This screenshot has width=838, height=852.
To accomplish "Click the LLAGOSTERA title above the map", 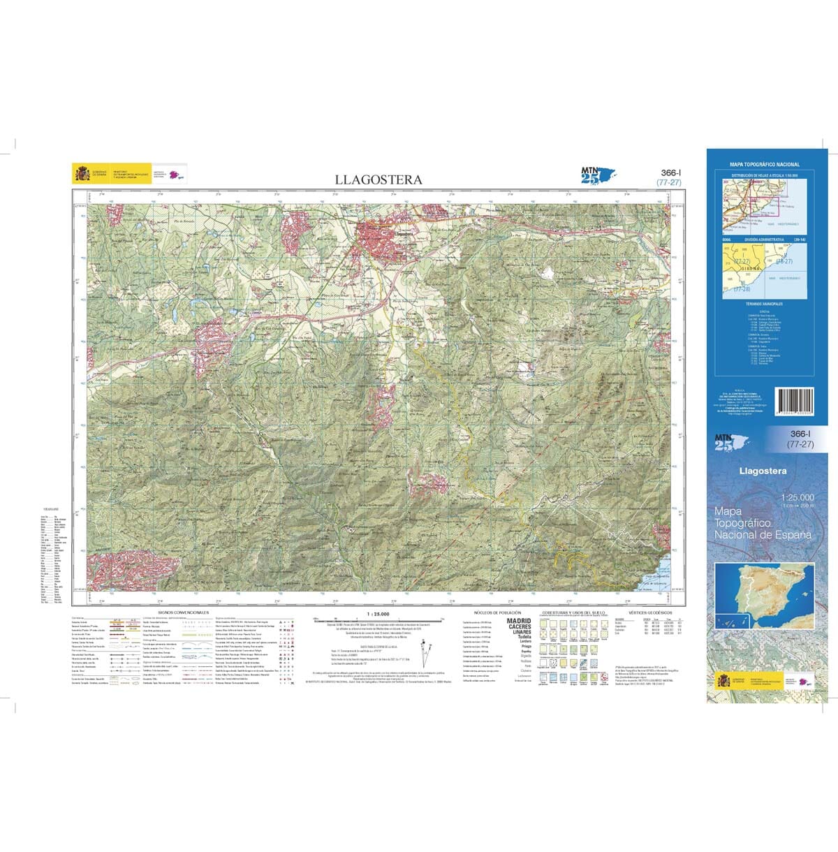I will [378, 179].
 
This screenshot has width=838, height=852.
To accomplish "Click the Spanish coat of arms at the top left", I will [81, 172].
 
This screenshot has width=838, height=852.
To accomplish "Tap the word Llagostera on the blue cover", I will [763, 471].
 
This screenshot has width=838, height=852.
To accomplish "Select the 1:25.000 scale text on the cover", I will [797, 497].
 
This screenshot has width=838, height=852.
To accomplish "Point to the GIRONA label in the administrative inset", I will [751, 267].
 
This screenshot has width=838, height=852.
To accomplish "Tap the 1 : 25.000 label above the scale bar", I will [378, 613].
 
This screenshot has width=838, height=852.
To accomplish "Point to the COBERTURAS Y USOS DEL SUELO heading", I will [571, 612].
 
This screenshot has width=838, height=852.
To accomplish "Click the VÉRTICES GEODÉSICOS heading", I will [649, 612].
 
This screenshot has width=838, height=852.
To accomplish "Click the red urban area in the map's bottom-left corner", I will [126, 569].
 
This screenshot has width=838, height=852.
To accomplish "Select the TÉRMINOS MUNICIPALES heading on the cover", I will [764, 304].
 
